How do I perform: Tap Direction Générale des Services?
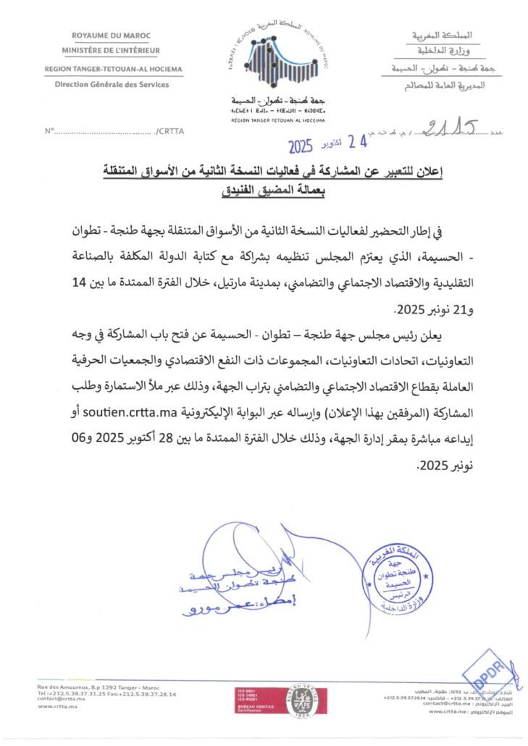112,84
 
